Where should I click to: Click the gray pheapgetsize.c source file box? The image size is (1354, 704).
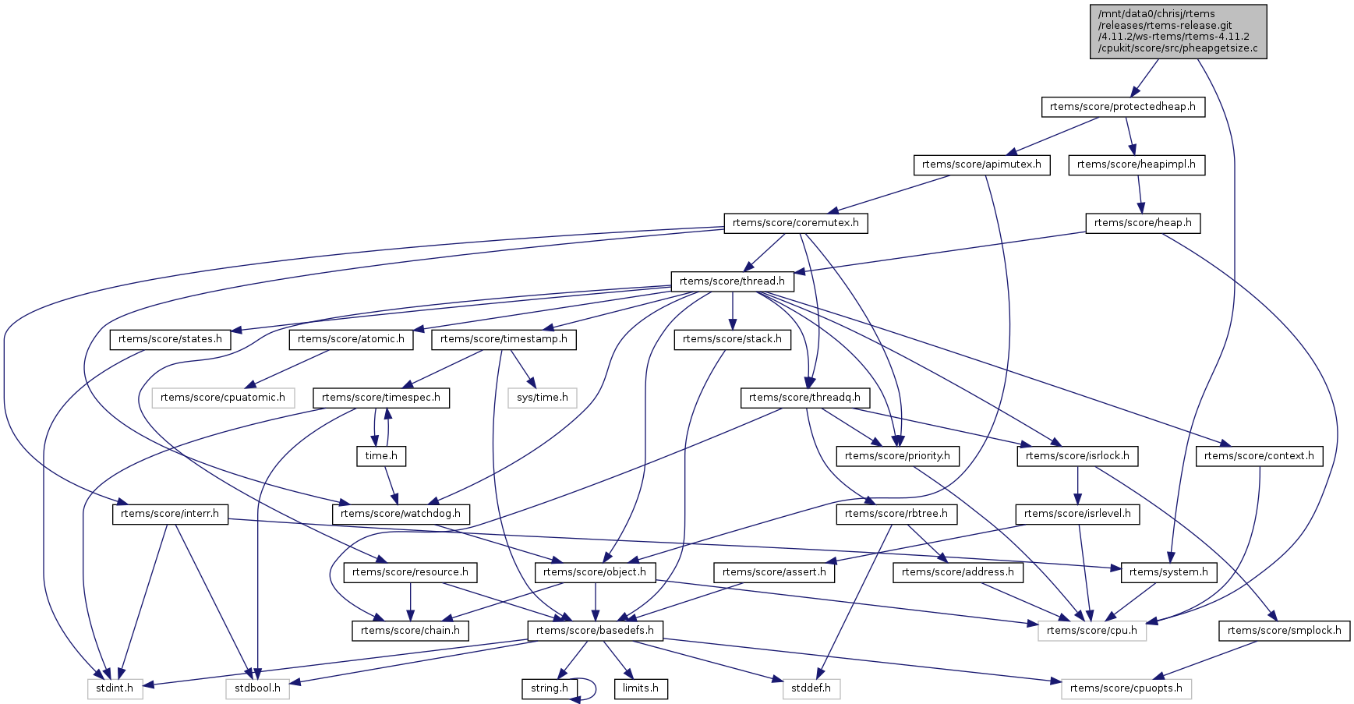(1178, 31)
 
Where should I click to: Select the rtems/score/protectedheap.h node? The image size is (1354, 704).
(1122, 107)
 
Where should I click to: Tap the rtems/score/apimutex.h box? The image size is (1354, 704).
(981, 165)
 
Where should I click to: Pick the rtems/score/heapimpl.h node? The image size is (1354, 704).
(1136, 165)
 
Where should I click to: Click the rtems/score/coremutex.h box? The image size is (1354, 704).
(795, 223)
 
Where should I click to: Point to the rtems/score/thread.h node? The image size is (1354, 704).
(732, 281)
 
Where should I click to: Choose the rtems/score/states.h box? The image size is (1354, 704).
(170, 339)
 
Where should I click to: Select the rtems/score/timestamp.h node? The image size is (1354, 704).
(504, 339)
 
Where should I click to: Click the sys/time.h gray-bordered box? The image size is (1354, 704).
(543, 398)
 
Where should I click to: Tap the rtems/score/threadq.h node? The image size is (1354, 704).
(804, 398)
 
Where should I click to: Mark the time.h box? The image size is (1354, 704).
(381, 456)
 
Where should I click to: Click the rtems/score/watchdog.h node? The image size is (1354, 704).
(401, 514)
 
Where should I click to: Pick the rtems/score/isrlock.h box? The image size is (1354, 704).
(1077, 456)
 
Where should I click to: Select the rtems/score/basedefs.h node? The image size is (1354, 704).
(596, 631)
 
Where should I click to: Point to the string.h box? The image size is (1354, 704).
(550, 688)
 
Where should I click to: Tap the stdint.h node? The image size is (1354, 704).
(115, 688)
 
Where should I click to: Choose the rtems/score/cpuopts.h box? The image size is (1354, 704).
(1126, 688)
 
